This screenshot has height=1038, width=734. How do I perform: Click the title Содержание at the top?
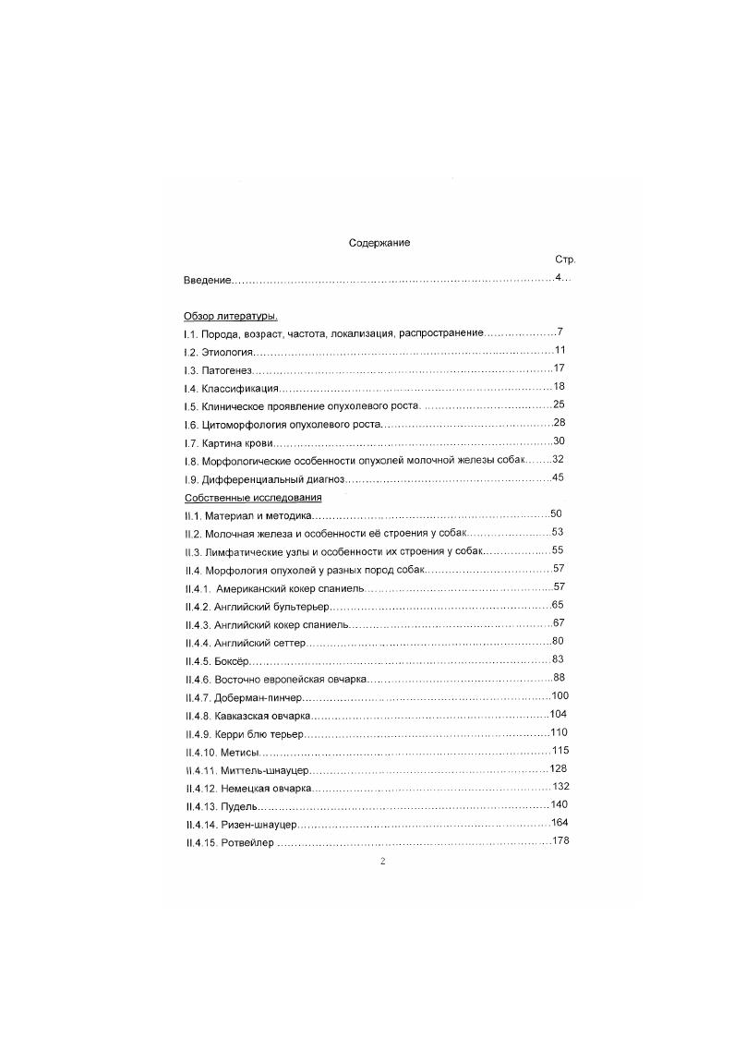(x=379, y=243)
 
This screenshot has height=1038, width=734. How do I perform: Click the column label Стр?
(x=565, y=260)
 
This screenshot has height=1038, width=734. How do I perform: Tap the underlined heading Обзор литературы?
(x=224, y=316)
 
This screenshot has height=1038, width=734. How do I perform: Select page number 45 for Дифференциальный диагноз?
(x=558, y=477)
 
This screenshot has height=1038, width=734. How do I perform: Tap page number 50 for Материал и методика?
(x=556, y=513)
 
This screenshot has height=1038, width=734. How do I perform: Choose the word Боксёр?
(x=233, y=660)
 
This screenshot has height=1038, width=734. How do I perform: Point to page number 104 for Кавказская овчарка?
(x=558, y=714)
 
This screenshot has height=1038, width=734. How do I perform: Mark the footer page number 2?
(x=382, y=861)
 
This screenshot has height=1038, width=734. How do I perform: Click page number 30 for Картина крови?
(x=558, y=441)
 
